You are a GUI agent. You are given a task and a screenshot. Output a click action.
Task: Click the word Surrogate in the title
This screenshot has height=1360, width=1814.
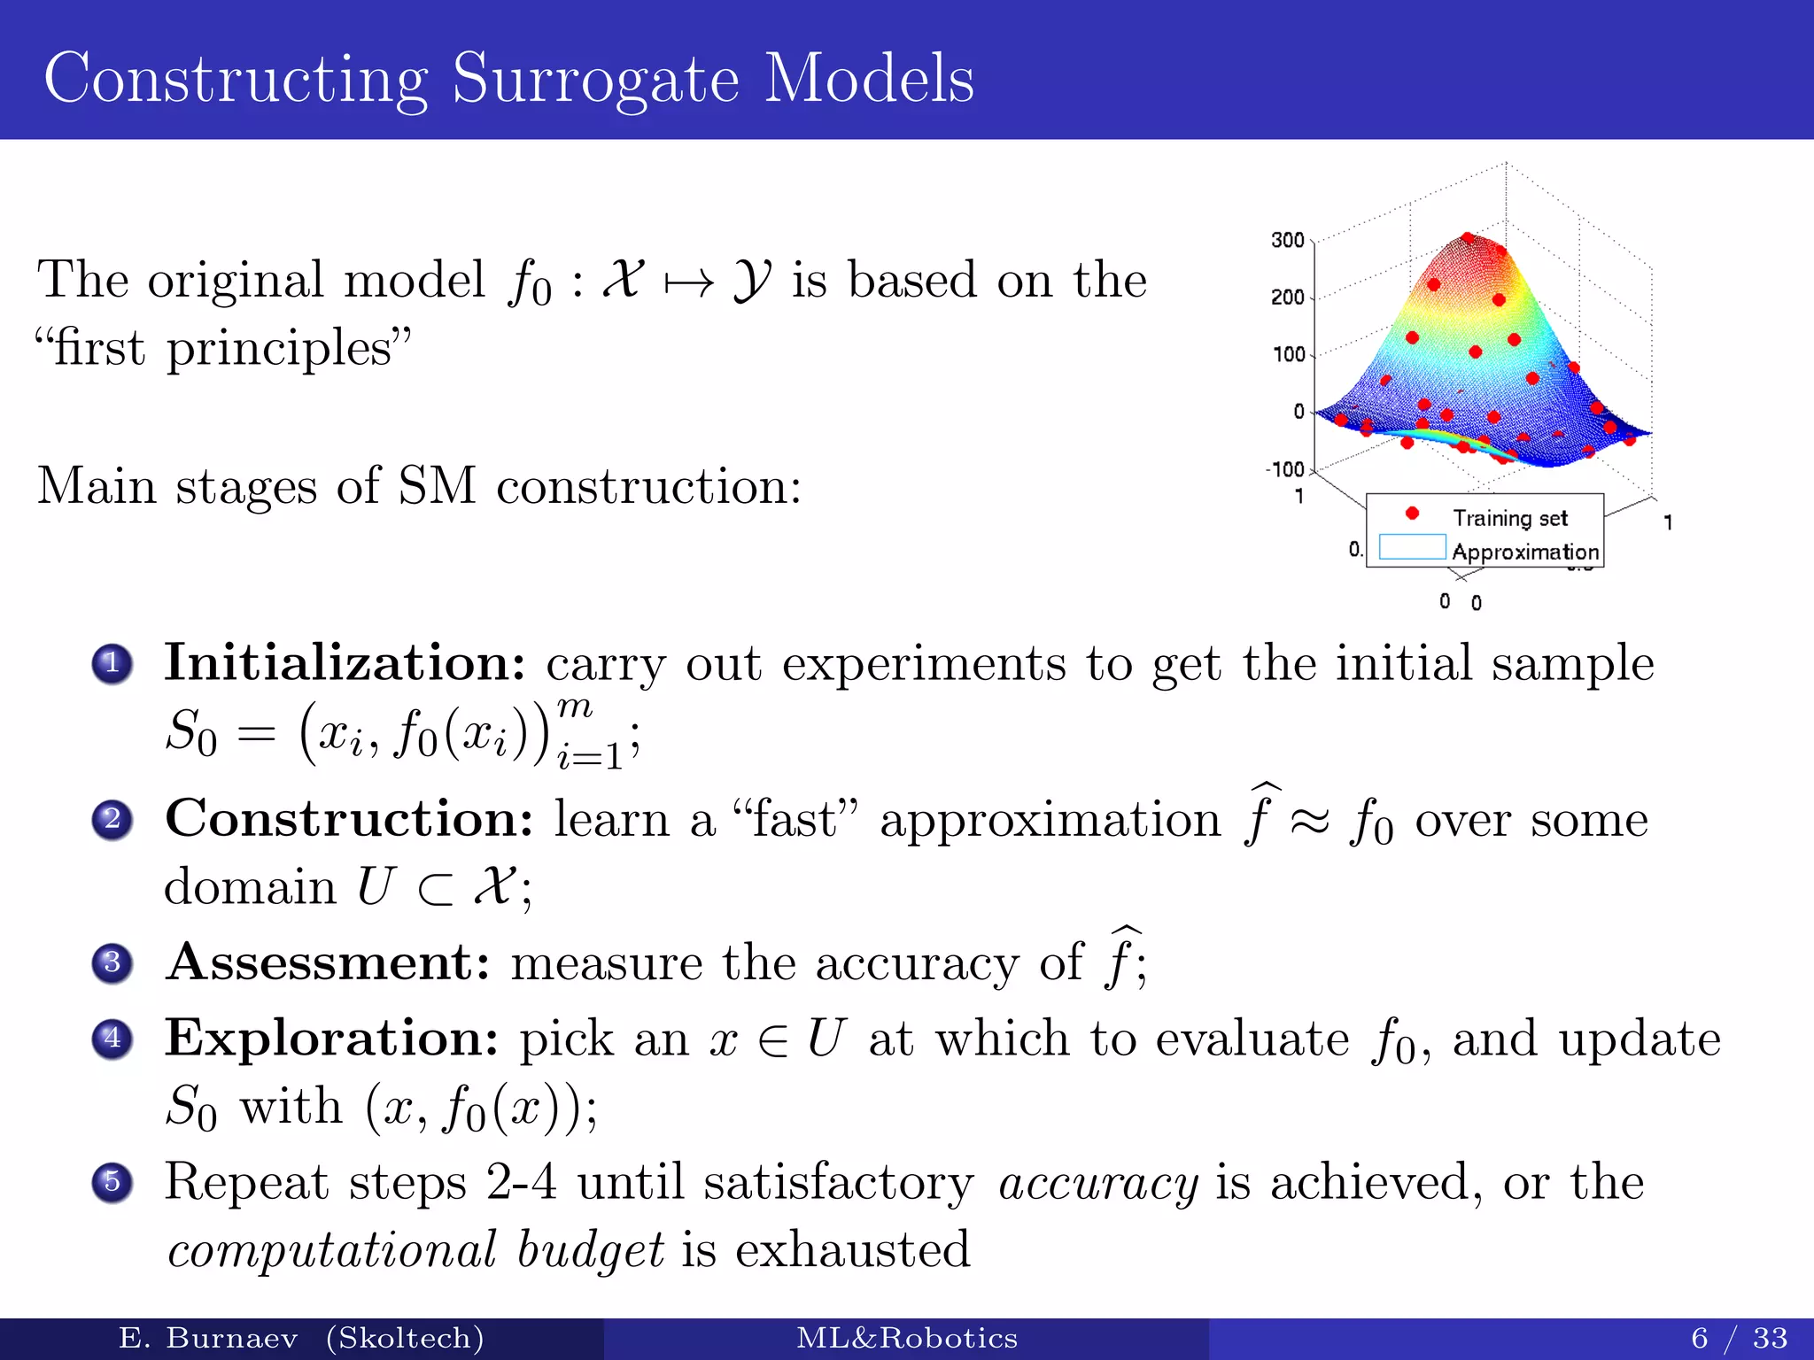click(595, 81)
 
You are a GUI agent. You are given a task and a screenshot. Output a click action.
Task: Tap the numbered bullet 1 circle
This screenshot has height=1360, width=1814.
click(112, 663)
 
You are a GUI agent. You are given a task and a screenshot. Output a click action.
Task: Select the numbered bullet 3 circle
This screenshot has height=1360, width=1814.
click(112, 962)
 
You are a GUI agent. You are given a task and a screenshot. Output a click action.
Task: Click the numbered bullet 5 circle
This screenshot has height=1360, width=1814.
click(112, 1182)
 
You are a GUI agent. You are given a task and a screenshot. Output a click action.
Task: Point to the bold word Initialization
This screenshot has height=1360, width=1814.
click(345, 663)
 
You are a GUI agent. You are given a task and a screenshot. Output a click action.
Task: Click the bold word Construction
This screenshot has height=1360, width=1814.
click(350, 818)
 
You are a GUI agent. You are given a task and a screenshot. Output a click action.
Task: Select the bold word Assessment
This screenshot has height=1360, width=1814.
click(328, 962)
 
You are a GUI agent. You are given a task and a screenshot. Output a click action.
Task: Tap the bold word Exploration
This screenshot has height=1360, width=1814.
click(332, 1039)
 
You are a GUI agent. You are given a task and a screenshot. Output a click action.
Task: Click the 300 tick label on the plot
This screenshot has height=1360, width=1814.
click(1287, 240)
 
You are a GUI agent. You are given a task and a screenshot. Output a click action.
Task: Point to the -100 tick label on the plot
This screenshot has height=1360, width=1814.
click(1285, 469)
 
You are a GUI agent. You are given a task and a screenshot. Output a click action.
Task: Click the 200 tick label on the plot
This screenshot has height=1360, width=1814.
click(1287, 297)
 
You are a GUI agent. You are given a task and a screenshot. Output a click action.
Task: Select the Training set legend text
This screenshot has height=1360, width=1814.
click(1509, 518)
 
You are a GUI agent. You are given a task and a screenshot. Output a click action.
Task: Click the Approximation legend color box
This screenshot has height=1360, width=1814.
click(1412, 547)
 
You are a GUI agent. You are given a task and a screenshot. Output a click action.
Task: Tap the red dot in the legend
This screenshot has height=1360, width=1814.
click(1412, 514)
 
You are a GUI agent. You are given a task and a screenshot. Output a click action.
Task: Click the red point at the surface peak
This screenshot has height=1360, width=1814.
click(1468, 237)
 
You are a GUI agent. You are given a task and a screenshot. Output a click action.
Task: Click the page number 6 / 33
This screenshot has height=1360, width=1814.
click(1739, 1338)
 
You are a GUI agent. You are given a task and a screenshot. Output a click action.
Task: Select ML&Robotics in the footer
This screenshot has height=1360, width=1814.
click(906, 1338)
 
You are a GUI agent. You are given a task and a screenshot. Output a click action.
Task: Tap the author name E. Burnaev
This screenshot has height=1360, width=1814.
click(208, 1338)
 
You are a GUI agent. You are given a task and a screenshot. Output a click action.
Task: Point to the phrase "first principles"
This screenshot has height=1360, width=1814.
click(223, 348)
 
